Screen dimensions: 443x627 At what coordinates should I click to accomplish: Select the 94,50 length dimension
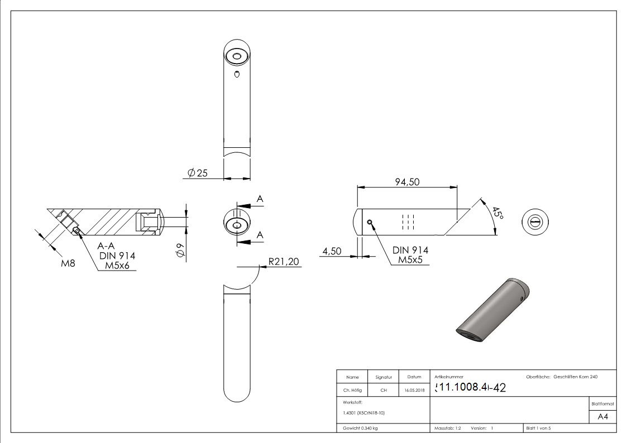(407, 182)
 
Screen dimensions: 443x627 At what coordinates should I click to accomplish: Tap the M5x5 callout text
(410, 260)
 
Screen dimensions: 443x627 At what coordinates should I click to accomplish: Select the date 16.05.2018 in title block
(414, 391)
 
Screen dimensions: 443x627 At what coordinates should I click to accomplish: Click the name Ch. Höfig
(352, 391)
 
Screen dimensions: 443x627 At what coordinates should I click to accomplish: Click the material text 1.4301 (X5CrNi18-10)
(363, 413)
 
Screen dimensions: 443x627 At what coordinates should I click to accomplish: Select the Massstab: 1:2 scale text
(448, 428)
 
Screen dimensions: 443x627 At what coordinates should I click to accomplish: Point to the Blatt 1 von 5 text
(538, 428)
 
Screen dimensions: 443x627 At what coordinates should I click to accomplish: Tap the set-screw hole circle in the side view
(370, 222)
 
